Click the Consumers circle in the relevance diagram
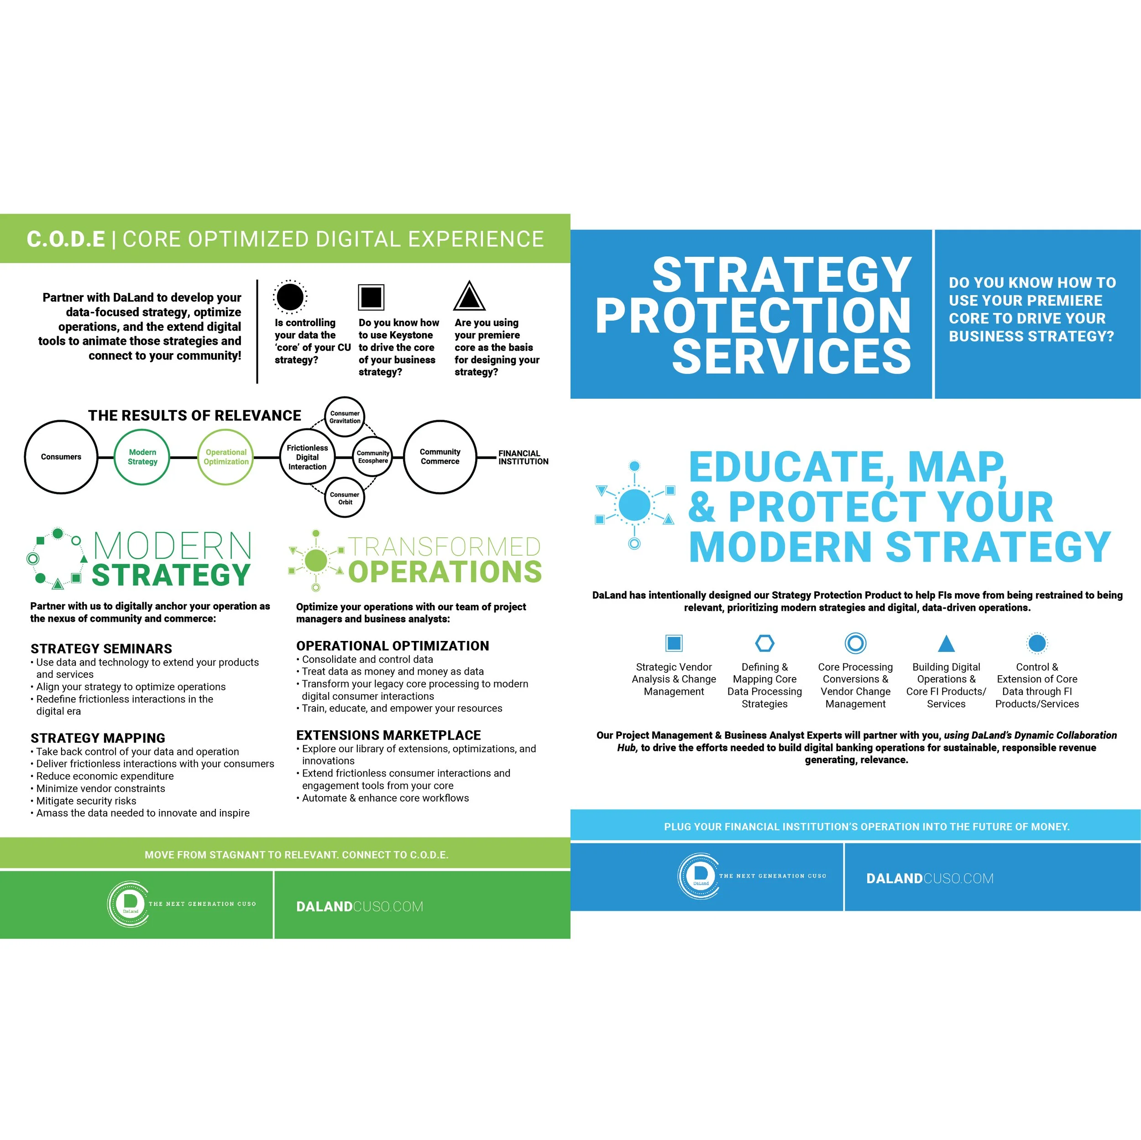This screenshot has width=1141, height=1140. tap(61, 457)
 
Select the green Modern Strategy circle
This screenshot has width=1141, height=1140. tap(142, 457)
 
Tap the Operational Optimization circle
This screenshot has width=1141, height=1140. tap(225, 457)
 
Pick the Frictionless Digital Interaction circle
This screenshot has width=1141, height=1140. tap(307, 457)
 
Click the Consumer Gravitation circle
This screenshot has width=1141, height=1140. tap(345, 417)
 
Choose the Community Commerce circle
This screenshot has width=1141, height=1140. tap(440, 457)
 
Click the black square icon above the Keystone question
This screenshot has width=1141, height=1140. tap(371, 297)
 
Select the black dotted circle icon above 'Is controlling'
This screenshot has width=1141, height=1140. tap(290, 297)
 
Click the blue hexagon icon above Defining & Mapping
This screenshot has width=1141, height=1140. tap(765, 643)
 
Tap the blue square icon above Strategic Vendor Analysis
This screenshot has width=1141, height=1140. tap(674, 643)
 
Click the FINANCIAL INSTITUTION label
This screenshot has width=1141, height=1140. tap(523, 458)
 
